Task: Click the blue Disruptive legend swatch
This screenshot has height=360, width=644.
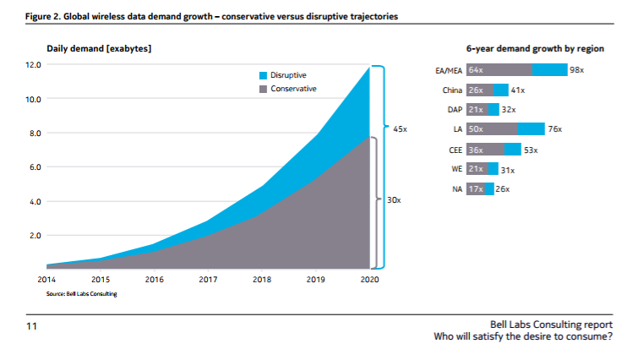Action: pos(263,75)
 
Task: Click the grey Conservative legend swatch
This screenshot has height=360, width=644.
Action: pos(263,88)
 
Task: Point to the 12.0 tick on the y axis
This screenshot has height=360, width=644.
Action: pos(33,65)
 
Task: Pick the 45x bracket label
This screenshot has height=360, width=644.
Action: pos(400,129)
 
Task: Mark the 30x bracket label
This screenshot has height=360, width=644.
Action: pos(393,200)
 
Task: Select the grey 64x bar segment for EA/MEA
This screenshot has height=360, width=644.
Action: pos(499,70)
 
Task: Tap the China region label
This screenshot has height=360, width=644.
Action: pos(451,90)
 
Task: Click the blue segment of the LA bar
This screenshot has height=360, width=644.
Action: pos(532,129)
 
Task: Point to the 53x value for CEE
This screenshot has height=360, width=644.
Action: pos(531,150)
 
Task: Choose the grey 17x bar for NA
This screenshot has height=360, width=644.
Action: pos(476,189)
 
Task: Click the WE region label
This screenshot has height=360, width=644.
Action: pos(456,170)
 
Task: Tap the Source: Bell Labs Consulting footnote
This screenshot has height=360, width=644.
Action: pos(81,293)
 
